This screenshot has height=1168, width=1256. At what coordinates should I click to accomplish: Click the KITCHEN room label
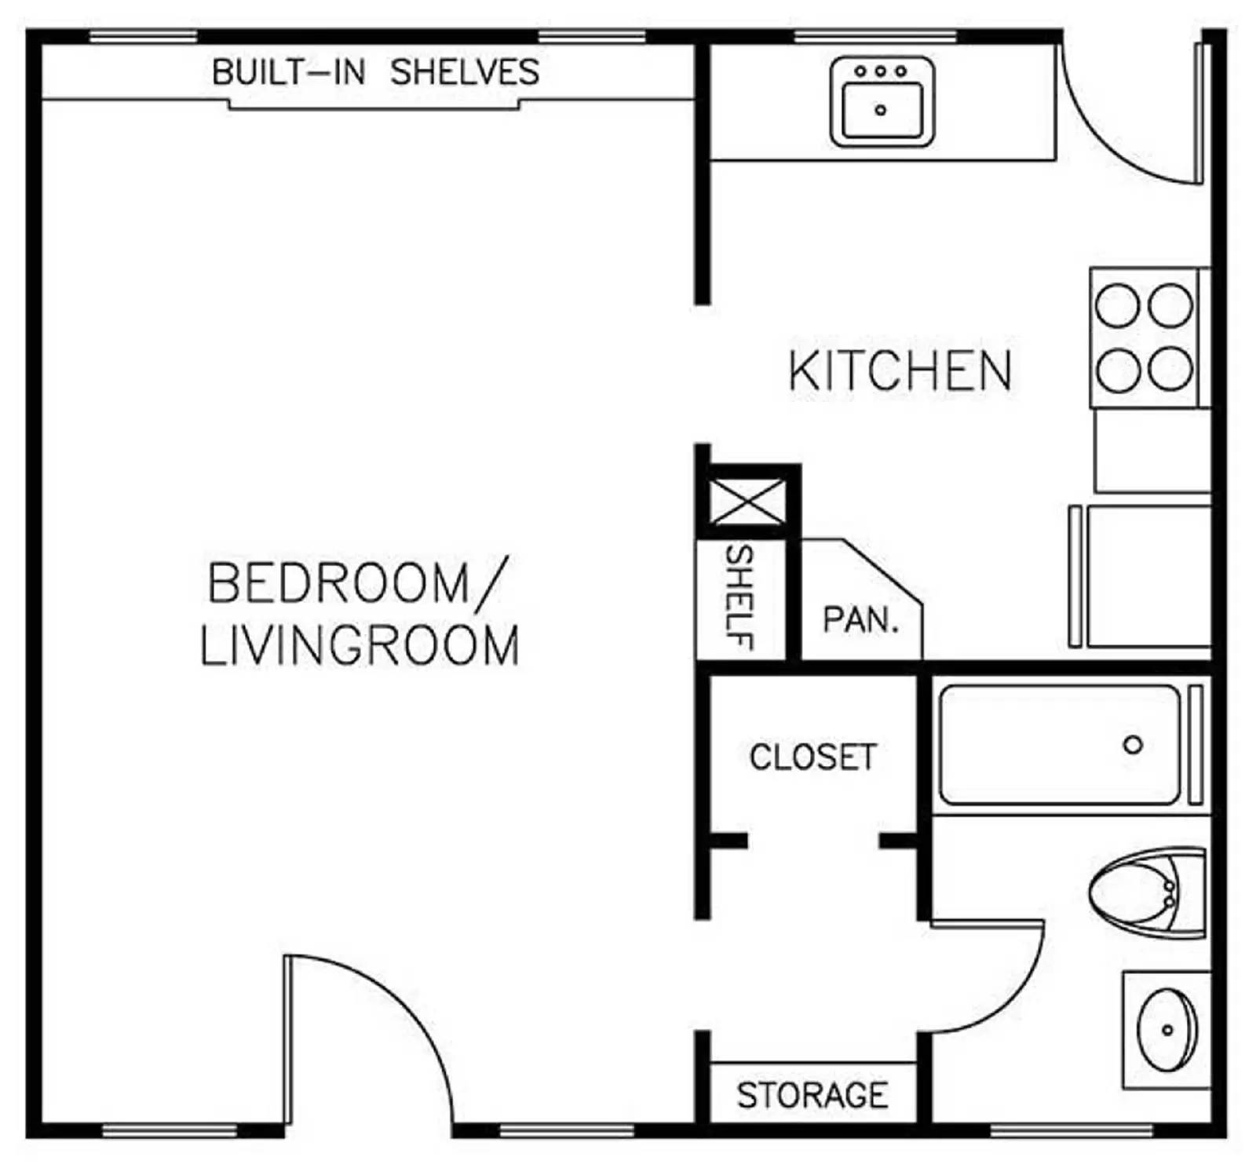[x=900, y=370]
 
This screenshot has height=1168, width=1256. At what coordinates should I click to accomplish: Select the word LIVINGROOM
[x=360, y=646]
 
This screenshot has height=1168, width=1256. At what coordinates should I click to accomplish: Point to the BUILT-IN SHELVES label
[x=375, y=72]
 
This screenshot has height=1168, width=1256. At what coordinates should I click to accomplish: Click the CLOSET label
[x=813, y=757]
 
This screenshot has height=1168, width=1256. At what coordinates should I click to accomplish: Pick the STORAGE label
[x=812, y=1095]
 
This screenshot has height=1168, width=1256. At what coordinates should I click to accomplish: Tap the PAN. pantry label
[x=860, y=620]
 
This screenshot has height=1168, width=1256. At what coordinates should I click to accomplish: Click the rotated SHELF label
[x=739, y=597]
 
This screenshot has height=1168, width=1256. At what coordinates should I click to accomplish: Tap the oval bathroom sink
[x=1168, y=1030]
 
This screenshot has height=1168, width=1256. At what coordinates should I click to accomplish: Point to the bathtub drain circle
[x=1133, y=745]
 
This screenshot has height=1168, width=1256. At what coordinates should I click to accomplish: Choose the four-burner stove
[x=1145, y=338]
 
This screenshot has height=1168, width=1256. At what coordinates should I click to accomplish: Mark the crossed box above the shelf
[x=747, y=502]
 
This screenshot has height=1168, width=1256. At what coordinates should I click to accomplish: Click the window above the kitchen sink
[x=875, y=36]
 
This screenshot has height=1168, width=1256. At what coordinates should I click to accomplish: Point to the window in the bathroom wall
[x=1072, y=1130]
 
